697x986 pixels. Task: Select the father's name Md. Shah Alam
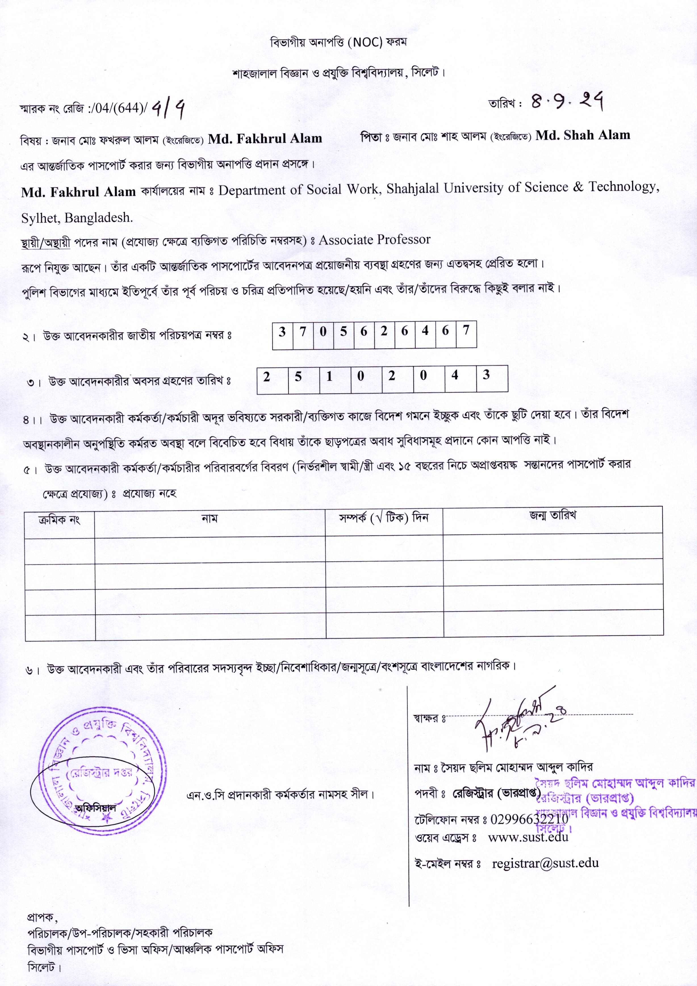[x=583, y=135]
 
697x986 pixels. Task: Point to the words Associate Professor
[x=374, y=240]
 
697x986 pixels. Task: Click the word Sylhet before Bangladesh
[x=41, y=218]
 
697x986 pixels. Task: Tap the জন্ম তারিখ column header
[x=553, y=515]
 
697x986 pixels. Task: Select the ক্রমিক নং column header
[x=59, y=520]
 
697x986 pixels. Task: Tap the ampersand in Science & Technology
[x=578, y=187]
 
